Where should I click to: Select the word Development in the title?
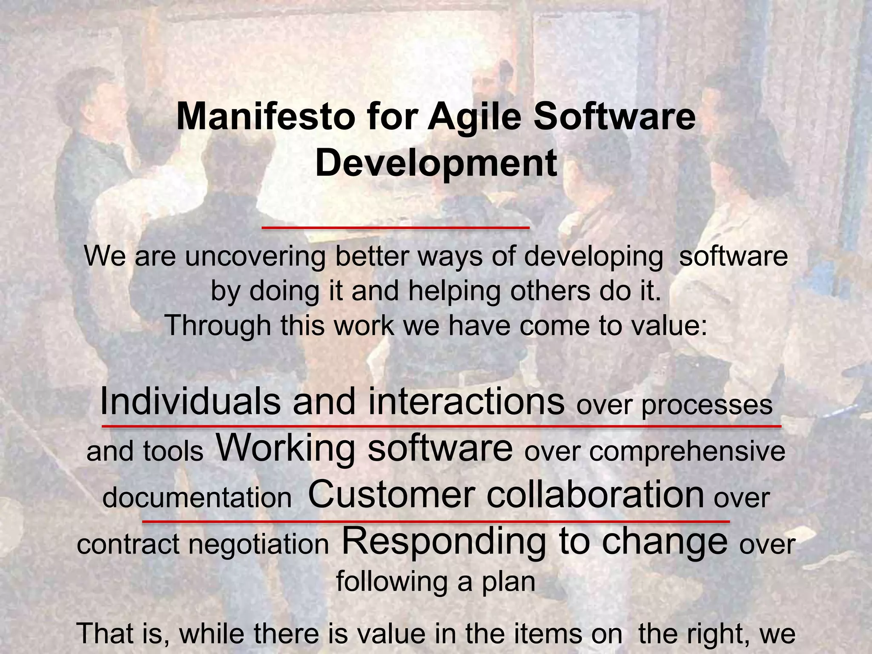[436, 164]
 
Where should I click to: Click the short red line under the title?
[396, 228]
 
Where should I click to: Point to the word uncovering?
[255, 257]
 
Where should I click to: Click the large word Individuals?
[190, 402]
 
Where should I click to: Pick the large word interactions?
[466, 402]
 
